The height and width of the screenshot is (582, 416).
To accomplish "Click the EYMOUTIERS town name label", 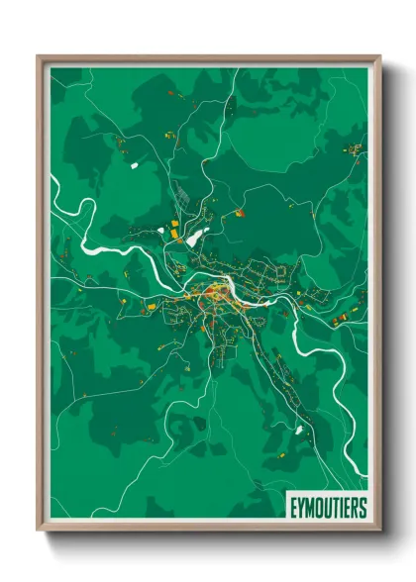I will [325, 508].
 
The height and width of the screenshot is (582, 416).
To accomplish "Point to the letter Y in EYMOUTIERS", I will [299, 508].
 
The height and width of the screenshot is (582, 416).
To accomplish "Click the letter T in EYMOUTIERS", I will [334, 508].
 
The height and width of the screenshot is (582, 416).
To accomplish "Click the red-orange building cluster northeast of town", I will [239, 212].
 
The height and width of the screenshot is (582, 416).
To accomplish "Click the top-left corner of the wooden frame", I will [38, 56].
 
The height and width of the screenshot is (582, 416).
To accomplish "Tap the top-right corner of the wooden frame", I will [379, 56].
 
